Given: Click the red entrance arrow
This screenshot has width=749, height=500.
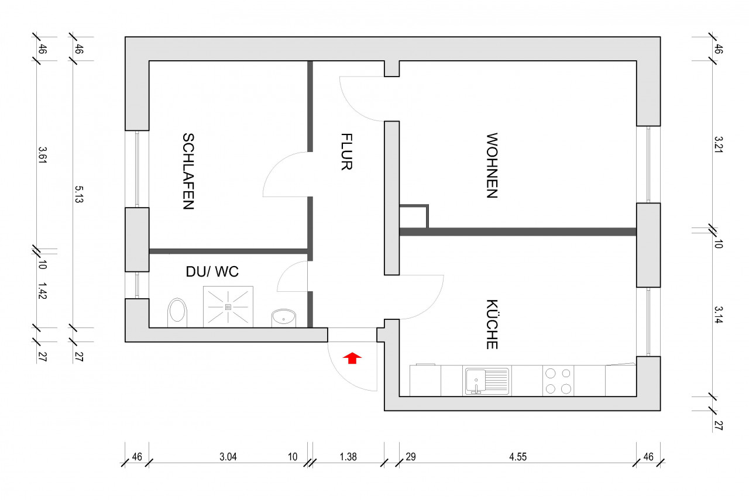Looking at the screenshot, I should [x=352, y=358].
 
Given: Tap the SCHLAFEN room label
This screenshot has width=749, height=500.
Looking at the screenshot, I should [x=188, y=171].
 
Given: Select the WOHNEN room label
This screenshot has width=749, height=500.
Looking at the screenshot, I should [x=492, y=166].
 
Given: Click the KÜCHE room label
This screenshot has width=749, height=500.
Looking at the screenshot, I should [x=492, y=325].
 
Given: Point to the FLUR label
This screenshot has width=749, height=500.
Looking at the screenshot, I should [x=346, y=151].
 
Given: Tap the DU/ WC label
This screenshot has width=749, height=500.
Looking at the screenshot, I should [x=212, y=272].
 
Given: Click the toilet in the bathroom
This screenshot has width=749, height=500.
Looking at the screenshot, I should [x=177, y=312].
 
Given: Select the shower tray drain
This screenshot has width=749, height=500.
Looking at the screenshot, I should [x=228, y=306].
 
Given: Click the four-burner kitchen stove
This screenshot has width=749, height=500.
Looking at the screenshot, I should [x=558, y=381].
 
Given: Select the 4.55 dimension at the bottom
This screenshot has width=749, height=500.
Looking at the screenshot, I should [x=518, y=457].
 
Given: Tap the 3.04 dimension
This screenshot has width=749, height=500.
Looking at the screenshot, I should [x=228, y=457].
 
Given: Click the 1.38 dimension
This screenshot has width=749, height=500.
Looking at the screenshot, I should [x=348, y=457].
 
